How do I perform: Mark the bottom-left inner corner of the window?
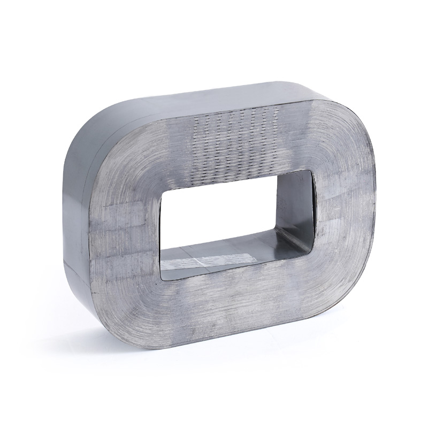coord(162,276)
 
